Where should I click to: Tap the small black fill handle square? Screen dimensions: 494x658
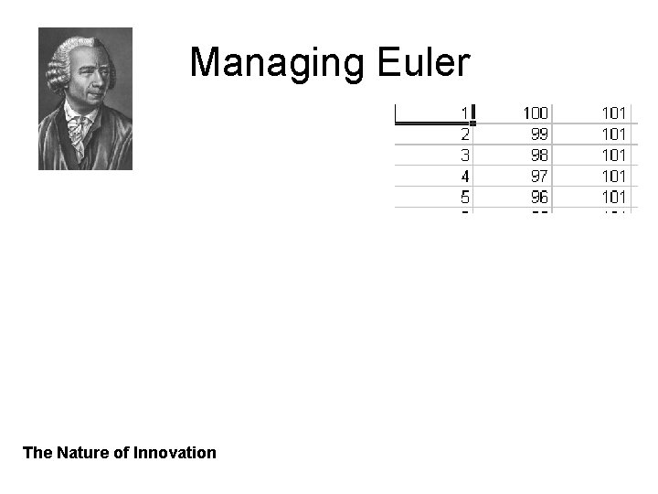click(x=472, y=123)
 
